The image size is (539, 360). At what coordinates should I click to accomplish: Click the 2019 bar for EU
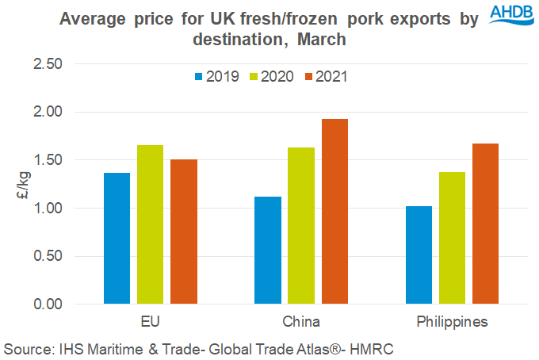click(117, 238)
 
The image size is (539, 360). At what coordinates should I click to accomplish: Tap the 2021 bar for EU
click(184, 232)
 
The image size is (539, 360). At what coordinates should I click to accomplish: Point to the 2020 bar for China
click(301, 225)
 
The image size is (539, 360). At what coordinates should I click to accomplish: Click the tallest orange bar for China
click(334, 211)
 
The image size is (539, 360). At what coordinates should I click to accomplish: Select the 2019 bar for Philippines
click(419, 255)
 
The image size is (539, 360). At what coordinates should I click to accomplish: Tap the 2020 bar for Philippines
click(452, 238)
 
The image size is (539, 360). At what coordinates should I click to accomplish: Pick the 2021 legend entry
click(326, 77)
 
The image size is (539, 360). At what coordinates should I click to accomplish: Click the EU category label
click(151, 323)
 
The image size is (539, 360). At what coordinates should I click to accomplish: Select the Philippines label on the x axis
click(452, 323)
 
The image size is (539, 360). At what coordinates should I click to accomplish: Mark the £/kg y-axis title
click(21, 184)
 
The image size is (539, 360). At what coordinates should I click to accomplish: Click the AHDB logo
click(510, 16)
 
